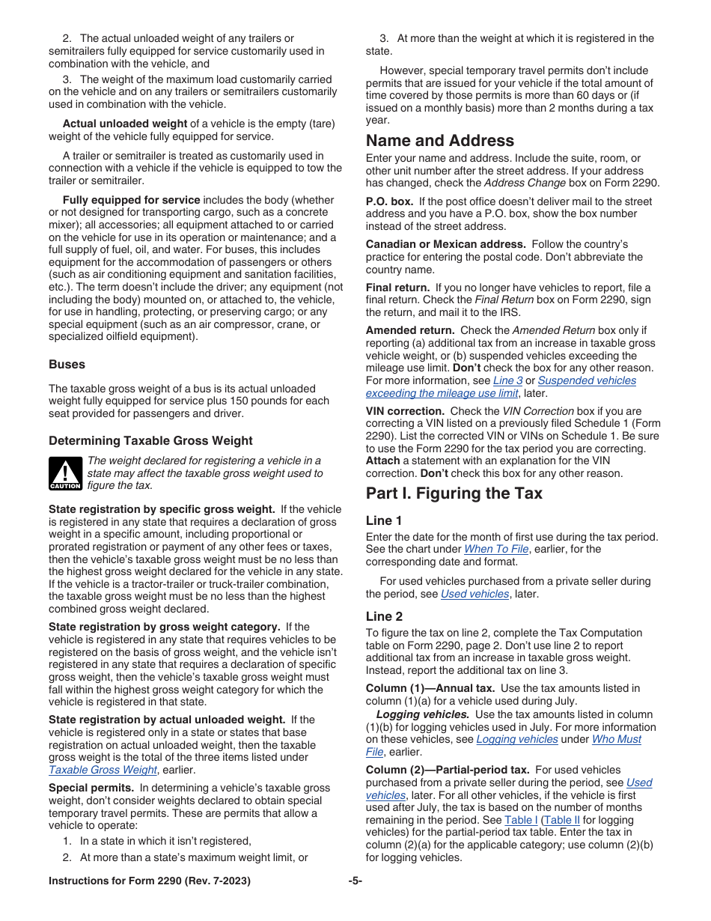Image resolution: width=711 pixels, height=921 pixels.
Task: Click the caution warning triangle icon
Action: click(65, 473)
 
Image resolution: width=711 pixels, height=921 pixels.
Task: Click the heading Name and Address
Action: click(439, 141)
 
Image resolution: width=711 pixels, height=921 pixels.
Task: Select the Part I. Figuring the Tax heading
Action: click(454, 493)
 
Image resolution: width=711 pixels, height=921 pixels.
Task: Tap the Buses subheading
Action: click(67, 365)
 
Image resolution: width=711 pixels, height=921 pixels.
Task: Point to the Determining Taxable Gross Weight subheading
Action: click(150, 441)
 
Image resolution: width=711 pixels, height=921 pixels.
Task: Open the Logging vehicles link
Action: click(516, 739)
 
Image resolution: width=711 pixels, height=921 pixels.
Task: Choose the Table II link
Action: click(561, 820)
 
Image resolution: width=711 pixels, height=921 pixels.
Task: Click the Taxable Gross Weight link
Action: click(103, 770)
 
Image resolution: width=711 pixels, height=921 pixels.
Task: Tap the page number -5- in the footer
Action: click(355, 881)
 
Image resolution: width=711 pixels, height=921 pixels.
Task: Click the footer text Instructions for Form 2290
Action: click(149, 881)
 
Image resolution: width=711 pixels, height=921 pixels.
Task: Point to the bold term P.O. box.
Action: click(388, 201)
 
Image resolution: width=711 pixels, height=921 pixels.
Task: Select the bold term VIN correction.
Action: click(404, 411)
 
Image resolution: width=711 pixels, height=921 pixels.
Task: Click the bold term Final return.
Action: click(397, 288)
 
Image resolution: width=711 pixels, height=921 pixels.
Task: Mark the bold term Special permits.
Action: click(91, 788)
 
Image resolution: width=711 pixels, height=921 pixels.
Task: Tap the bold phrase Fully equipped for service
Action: click(131, 200)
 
